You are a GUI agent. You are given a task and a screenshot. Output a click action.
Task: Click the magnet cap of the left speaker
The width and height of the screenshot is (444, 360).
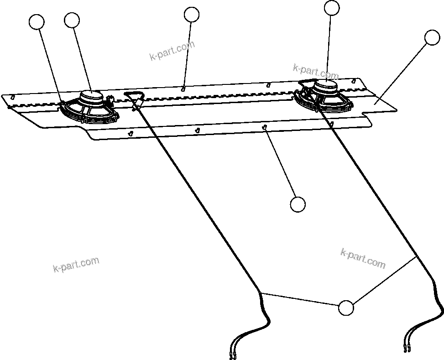[x=92, y=95]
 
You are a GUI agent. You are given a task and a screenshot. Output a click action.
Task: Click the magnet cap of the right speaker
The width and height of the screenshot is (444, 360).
[x=327, y=84]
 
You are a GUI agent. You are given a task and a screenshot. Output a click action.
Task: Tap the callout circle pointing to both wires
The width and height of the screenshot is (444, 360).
[x=346, y=308]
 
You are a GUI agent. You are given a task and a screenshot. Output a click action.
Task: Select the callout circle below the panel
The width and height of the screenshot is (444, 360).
[x=298, y=204]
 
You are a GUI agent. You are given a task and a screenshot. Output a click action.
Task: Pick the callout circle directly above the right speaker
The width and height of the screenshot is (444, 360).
[x=332, y=7]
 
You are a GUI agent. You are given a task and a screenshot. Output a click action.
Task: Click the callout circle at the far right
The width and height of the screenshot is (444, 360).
[x=432, y=37]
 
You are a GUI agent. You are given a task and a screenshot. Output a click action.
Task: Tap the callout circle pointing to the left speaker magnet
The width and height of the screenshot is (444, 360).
[x=72, y=20]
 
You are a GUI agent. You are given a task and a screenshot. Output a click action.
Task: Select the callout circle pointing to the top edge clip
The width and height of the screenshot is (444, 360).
[x=192, y=14]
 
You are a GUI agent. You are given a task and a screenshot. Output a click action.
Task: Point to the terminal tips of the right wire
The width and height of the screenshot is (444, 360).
[x=407, y=349]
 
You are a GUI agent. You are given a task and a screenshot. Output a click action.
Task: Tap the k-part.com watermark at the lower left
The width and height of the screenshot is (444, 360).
[x=76, y=265]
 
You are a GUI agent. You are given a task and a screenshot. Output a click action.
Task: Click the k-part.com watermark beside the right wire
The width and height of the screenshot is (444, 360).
[x=363, y=258]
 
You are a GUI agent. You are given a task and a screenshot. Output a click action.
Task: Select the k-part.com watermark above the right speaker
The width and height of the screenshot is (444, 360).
[x=316, y=72]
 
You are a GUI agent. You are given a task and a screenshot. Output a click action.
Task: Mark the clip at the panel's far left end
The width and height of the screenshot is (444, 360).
[x=13, y=97]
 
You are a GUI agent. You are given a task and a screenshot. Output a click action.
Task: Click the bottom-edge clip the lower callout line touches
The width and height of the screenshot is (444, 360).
[x=265, y=127]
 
